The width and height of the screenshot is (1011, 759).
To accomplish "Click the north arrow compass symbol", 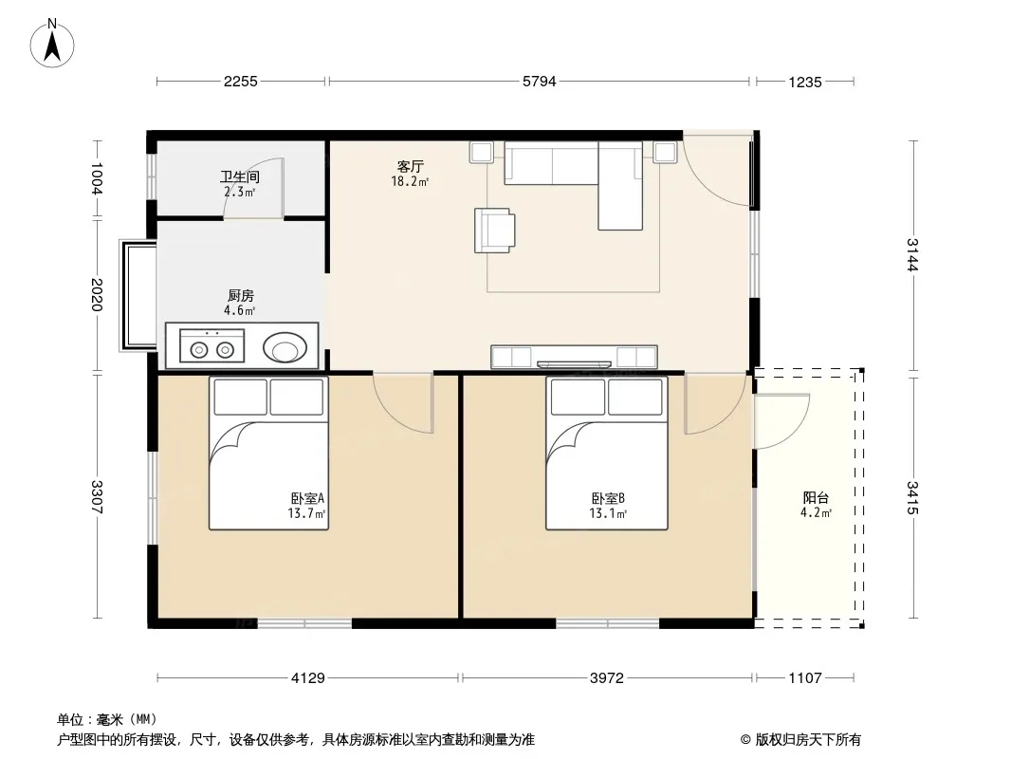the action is tap(52, 44).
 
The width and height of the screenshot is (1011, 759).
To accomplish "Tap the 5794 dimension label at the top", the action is tap(539, 82).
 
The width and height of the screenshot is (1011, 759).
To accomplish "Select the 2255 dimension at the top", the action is tap(241, 82).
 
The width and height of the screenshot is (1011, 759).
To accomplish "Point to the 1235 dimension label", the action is tap(804, 82).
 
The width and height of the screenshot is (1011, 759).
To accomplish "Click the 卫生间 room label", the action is tap(240, 176).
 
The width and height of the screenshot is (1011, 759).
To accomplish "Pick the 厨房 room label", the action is tap(241, 296).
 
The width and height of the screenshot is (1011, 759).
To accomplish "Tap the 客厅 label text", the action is tap(410, 167).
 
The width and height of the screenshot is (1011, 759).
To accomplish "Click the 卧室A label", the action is tap(307, 498).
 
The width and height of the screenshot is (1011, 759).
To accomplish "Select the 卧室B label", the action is tap(608, 498).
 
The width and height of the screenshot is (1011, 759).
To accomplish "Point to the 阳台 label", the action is tap(816, 498).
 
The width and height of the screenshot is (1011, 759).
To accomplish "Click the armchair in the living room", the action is tap(494, 231).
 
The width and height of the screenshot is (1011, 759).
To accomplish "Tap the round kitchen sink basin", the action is tap(285, 348).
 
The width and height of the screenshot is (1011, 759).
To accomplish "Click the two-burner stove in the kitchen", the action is tap(212, 345).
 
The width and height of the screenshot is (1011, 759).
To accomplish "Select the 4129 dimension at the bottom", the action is tap(308, 677).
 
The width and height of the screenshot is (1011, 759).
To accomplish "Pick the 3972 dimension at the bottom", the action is tap(607, 677).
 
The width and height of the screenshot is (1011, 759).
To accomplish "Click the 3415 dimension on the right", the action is tap(911, 498).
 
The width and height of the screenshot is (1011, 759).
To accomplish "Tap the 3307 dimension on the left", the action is tap(97, 497).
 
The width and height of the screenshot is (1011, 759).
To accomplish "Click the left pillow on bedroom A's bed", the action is tap(241, 398).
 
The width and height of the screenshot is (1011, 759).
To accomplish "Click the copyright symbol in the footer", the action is tap(745, 740).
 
